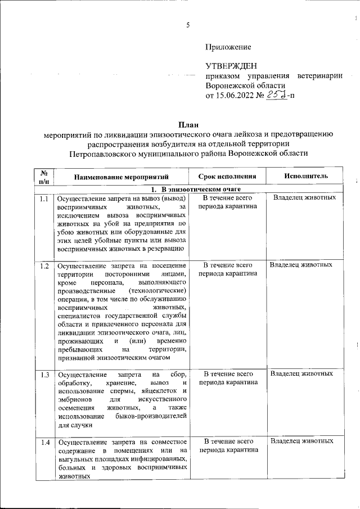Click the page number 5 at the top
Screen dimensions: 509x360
188,24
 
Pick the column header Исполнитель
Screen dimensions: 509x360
305,176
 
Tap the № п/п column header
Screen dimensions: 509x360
44,177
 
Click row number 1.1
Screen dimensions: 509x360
44,199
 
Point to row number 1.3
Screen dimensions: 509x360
44,375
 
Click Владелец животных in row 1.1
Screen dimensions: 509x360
304,198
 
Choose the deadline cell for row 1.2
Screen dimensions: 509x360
228,269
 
